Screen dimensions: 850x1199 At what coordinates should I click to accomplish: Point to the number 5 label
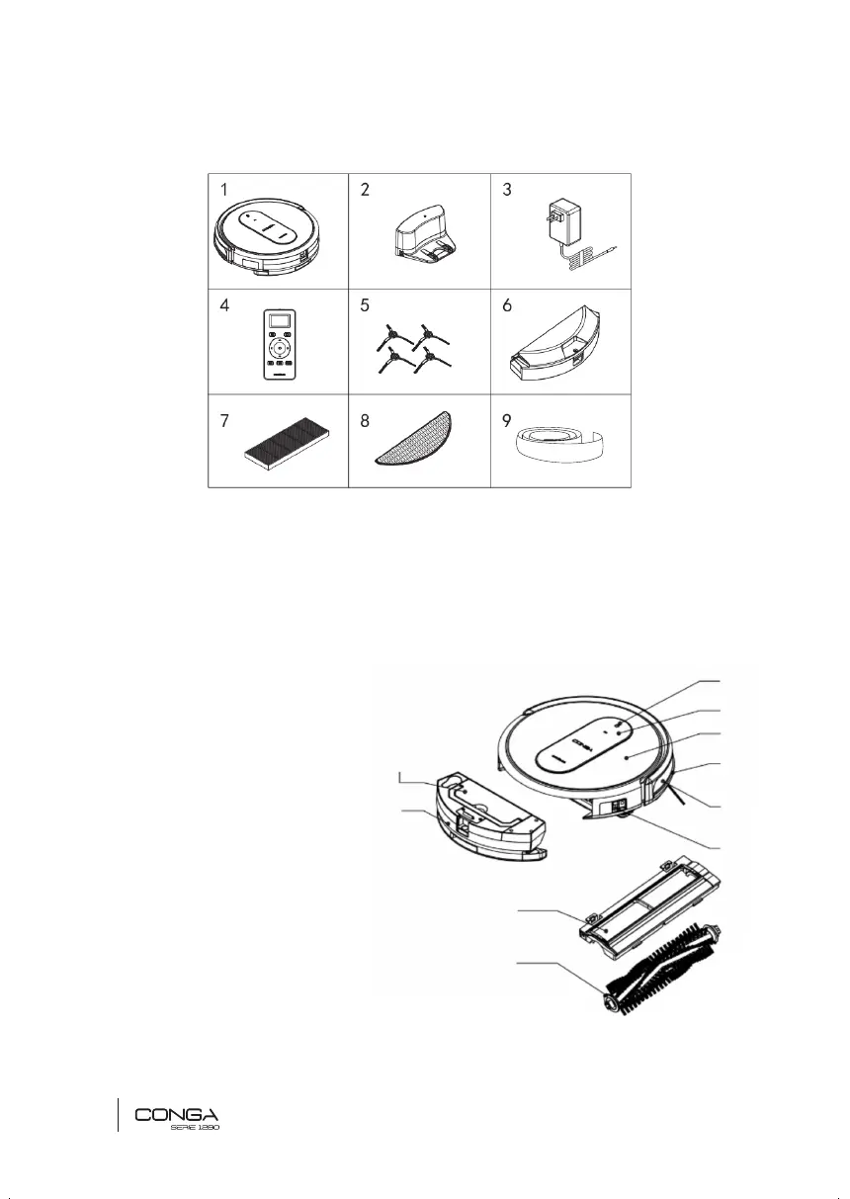[x=366, y=306]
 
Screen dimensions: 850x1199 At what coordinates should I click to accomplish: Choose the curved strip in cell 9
[x=559, y=441]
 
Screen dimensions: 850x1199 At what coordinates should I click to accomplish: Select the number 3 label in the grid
[x=507, y=191]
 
